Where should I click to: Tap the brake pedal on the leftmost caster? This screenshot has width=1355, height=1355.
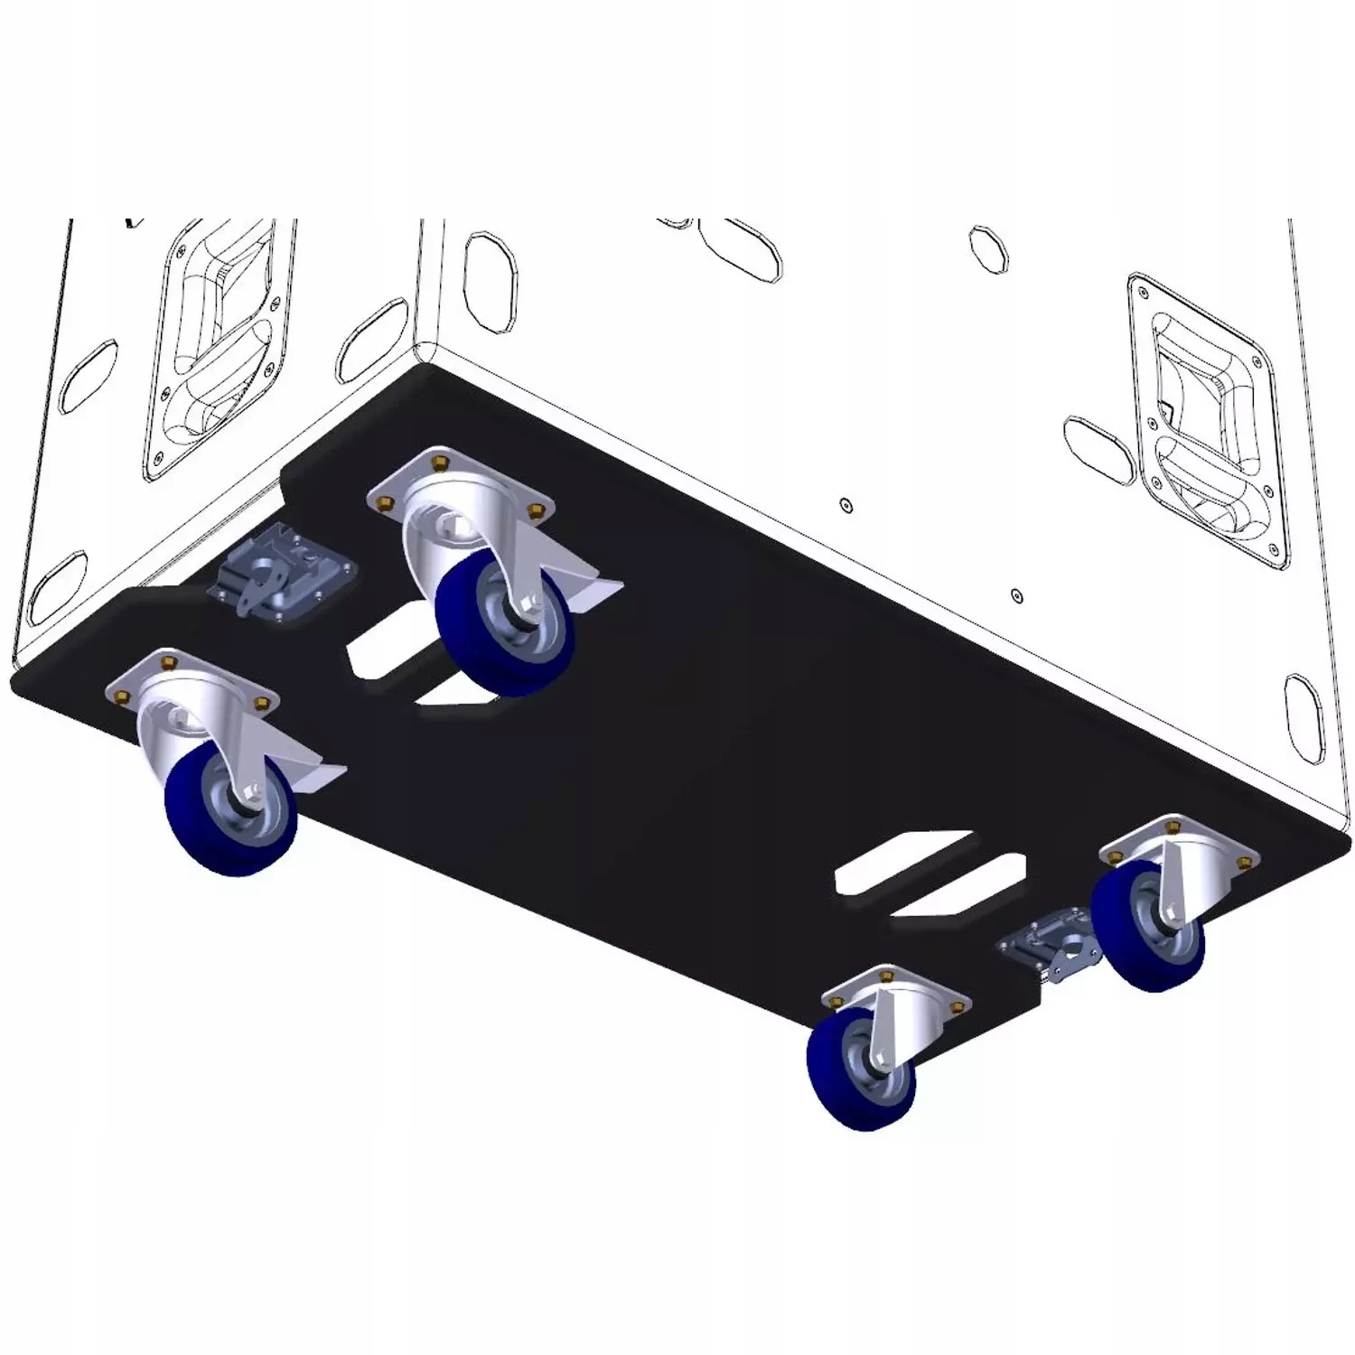coord(316,774)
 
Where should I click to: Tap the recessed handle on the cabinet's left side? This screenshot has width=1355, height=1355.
coord(217,348)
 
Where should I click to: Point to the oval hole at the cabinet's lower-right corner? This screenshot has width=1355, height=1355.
coord(1303,705)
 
